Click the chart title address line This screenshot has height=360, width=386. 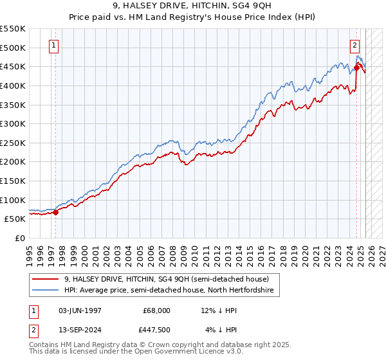(192, 6)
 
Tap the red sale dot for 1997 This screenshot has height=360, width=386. (56, 212)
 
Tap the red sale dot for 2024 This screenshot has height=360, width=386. (356, 67)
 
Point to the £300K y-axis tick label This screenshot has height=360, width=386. (13, 123)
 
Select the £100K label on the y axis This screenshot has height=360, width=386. (13, 200)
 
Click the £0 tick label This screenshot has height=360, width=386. (21, 238)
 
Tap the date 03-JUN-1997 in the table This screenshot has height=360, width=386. (80, 310)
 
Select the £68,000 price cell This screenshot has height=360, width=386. (157, 310)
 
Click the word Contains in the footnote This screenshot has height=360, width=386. (46, 346)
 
